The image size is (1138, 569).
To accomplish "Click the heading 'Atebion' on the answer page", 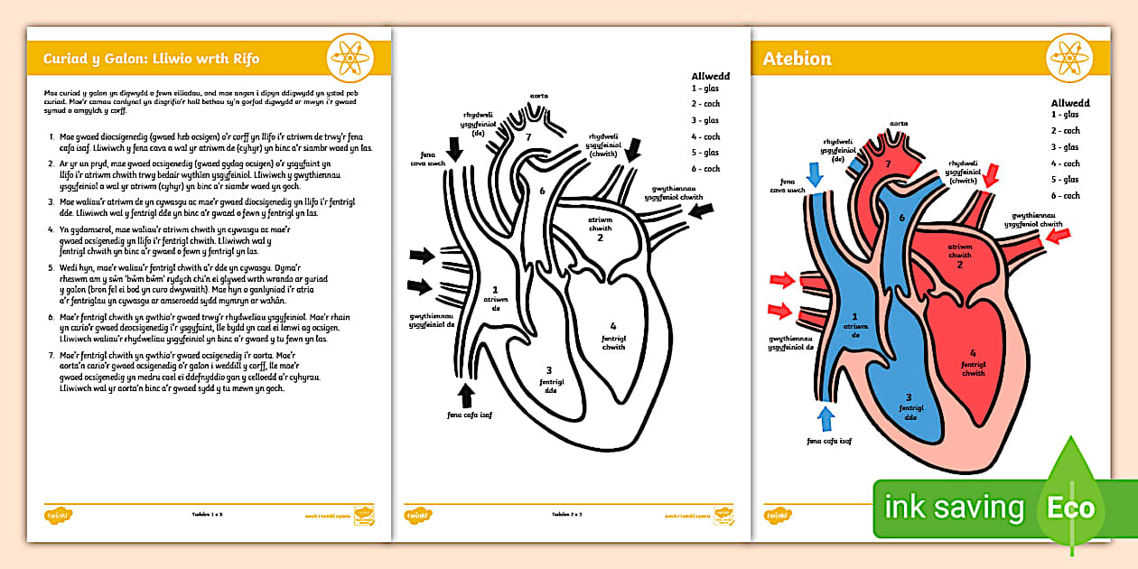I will tap(797, 59).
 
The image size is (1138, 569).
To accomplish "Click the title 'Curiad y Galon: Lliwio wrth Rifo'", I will tap(151, 59).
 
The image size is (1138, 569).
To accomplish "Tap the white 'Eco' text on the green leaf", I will tap(1070, 507).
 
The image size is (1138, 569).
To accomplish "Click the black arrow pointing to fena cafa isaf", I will tap(465, 396).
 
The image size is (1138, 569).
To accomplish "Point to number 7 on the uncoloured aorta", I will tap(528, 136).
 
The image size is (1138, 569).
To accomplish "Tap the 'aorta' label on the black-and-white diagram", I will tap(539, 95).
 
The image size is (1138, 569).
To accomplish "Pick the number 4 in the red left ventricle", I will tap(973, 353).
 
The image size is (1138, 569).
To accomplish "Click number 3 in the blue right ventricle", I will tap(909, 397).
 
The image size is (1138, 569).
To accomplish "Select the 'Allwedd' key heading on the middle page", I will tap(711, 77).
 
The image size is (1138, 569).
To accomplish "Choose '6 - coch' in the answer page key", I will tap(1065, 196).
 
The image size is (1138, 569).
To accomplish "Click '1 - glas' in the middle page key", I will tap(705, 89).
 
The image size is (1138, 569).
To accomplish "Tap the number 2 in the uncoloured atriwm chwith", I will tap(600, 238).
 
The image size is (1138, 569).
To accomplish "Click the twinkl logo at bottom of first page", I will tap(57, 515).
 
